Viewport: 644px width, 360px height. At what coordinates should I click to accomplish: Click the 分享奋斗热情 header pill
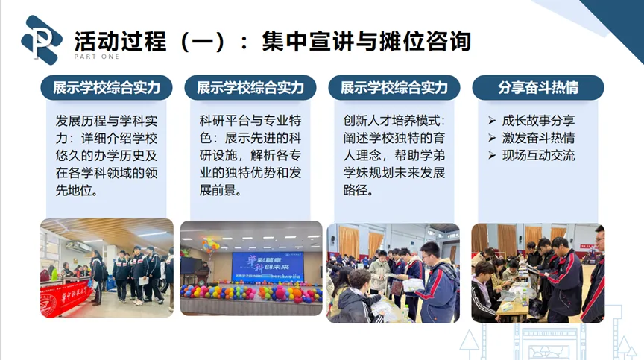(538, 87)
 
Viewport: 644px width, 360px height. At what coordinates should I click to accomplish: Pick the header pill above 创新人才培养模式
(394, 87)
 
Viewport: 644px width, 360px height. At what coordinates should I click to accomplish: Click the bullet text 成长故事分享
(538, 121)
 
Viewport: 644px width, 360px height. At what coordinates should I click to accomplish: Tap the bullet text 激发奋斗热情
(538, 138)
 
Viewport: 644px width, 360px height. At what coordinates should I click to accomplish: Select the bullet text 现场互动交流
(538, 156)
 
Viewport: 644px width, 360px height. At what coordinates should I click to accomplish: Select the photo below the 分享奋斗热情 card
(537, 272)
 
